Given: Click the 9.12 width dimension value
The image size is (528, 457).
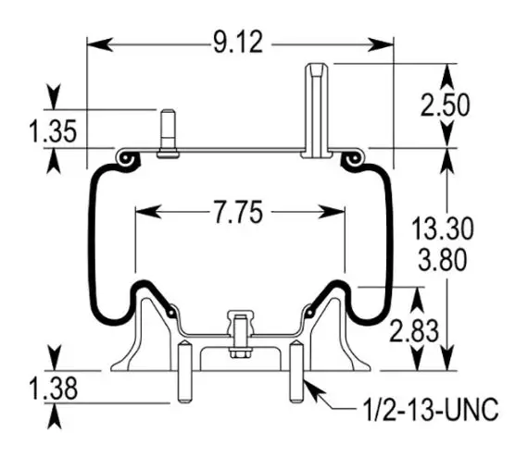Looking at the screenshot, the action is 238,43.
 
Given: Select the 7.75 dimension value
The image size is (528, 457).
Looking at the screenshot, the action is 238,212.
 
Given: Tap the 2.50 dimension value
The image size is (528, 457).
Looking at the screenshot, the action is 445,105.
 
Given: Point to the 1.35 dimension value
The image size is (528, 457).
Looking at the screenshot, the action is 53,130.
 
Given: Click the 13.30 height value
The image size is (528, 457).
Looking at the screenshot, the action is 443,228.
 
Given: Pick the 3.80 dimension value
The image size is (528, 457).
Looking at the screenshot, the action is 443,260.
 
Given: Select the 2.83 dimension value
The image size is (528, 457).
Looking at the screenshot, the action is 414,330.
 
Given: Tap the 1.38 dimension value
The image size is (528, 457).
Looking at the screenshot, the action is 54,389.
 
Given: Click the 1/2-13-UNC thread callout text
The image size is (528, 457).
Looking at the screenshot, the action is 432,409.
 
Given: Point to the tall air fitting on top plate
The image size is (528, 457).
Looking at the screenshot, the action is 317,111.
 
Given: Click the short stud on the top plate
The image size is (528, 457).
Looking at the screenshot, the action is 168,133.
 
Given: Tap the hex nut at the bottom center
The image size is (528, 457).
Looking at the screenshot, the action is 241,353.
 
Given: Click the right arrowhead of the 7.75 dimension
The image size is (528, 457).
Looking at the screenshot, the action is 332,212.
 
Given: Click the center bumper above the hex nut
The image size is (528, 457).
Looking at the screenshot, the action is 241,323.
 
